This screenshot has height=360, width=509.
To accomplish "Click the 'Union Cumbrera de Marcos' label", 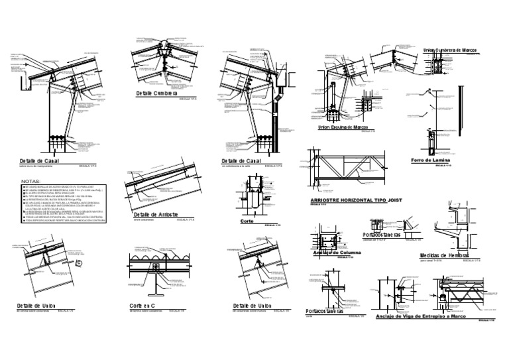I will coord(450,50).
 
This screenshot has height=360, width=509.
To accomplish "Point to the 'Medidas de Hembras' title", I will coord(444,255).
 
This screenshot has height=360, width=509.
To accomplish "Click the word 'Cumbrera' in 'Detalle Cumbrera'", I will coord(165,93).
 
